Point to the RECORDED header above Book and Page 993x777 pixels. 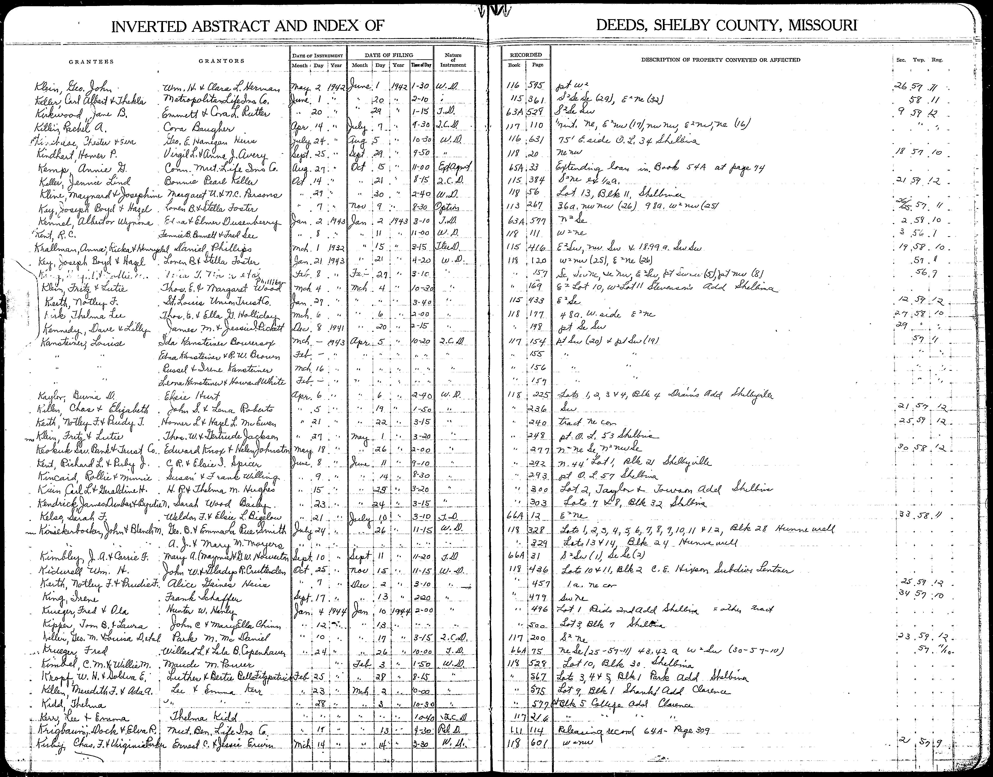click(526, 55)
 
